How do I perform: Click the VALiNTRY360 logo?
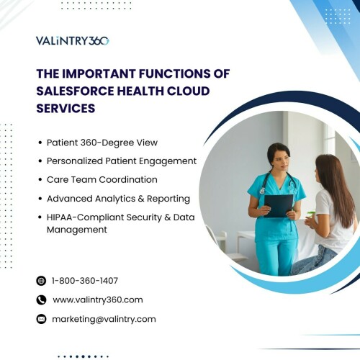point(73,41)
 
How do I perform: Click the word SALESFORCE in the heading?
point(75,91)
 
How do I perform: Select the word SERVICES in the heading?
point(66,108)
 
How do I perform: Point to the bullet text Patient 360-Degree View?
point(102,143)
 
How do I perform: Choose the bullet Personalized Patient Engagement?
point(122,161)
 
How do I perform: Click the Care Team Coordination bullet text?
point(102,179)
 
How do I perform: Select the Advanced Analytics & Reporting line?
point(118,199)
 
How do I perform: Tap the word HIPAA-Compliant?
point(85,217)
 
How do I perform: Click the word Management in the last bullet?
point(77,230)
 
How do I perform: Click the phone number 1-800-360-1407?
point(85,281)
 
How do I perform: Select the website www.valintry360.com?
point(98,300)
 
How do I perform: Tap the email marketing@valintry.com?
point(104,319)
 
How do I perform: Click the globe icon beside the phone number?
point(41,281)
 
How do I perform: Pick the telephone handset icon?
point(41,300)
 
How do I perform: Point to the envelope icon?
point(41,319)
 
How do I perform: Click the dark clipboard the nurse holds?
point(279,206)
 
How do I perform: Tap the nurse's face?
point(281,161)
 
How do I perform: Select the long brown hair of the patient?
point(337,187)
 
